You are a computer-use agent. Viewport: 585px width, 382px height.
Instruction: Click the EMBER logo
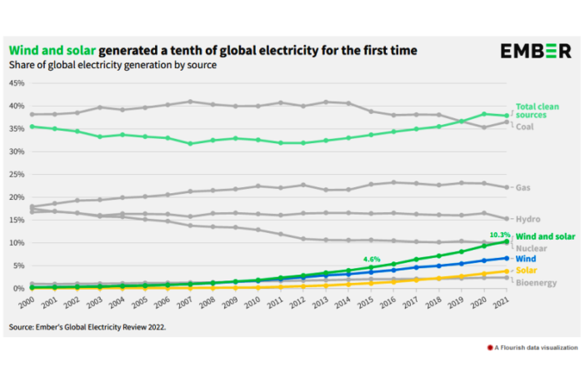[536, 52]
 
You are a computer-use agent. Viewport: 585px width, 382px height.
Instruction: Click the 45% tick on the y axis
[17, 83]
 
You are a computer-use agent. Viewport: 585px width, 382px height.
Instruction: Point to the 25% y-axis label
[17, 175]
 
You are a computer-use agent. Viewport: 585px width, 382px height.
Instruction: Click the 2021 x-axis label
[502, 304]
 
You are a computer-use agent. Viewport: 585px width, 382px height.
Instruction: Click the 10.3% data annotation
[498, 234]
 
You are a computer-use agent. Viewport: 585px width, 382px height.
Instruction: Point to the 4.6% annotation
[372, 259]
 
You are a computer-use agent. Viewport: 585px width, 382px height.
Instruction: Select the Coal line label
[525, 127]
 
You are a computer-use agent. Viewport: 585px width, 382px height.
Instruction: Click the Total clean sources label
[537, 111]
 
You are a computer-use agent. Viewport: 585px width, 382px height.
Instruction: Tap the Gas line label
[523, 188]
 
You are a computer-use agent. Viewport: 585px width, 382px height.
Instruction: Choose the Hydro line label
[528, 219]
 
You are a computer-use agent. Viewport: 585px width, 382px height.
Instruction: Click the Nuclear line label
[532, 248]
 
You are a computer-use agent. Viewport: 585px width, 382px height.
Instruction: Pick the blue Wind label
[527, 259]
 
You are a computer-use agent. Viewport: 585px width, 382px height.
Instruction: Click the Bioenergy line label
[537, 283]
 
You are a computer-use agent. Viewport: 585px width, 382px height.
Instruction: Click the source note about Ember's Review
[87, 327]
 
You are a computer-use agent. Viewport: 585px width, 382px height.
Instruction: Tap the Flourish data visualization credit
[534, 346]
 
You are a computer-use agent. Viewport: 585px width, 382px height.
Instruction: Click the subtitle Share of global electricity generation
[112, 64]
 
